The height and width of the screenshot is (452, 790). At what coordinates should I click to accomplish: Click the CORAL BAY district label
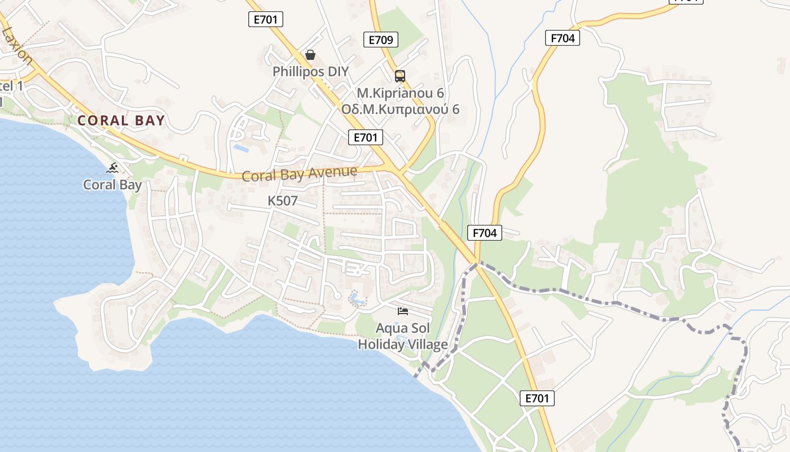coord(121,120)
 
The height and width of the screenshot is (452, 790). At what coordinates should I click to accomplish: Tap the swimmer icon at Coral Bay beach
coord(113,168)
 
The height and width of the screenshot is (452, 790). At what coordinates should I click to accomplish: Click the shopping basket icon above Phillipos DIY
coord(310,55)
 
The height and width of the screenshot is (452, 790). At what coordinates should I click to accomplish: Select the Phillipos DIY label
coord(310,72)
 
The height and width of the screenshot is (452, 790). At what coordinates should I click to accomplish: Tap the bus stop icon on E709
coord(400,76)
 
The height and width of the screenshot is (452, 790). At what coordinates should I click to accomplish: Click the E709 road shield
coord(381,40)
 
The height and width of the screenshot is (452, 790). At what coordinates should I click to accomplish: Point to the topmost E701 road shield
coord(265,19)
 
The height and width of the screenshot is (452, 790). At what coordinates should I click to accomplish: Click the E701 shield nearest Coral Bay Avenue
coord(366,137)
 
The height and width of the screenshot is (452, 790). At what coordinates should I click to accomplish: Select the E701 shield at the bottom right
coord(537,398)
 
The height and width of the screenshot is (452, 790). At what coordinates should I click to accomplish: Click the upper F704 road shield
coord(563,38)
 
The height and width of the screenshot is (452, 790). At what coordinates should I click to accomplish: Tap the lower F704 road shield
coord(485,232)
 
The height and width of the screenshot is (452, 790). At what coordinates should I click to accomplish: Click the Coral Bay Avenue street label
coord(300,173)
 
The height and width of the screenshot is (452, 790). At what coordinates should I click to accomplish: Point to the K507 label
coord(283,201)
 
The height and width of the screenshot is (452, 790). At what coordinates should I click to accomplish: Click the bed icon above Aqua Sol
coord(403,311)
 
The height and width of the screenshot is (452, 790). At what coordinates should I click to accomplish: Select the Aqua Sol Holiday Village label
coord(403,336)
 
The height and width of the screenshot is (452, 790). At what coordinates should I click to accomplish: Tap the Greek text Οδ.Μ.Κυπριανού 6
coord(400,109)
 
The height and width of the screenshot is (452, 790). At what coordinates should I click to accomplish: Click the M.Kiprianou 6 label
coord(400,92)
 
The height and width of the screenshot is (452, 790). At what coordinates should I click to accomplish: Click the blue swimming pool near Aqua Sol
coord(356,298)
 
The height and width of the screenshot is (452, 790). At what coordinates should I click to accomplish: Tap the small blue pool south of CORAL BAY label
coord(242,148)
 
